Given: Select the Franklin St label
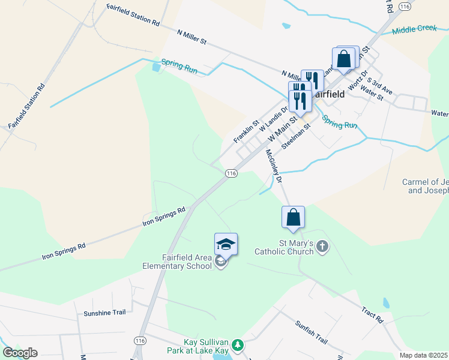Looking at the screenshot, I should click(246, 131).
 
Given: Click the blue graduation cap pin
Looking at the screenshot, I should click(226, 244).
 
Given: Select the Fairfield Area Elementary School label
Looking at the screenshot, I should click(177, 262).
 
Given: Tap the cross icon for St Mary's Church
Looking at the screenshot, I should click(322, 247).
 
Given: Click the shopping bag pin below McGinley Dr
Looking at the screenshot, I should click(293, 217).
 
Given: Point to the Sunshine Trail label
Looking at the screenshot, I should click(106, 313).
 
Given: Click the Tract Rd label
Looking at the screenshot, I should click(372, 315).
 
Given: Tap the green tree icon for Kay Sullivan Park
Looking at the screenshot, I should click(238, 345).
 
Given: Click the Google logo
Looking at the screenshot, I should click(20, 353).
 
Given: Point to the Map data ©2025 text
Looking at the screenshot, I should click(423, 355).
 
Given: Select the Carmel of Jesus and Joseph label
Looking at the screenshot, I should click(426, 186).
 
